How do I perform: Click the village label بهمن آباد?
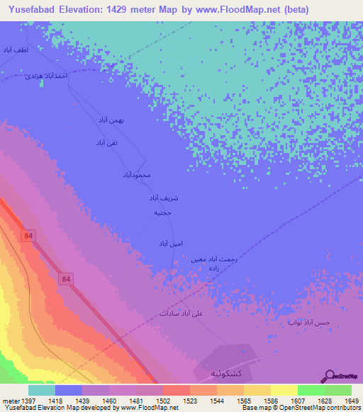(111, 121)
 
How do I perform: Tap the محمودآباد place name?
(138, 174)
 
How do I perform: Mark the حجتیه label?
(162, 212)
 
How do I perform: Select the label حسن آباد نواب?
(309, 323)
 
